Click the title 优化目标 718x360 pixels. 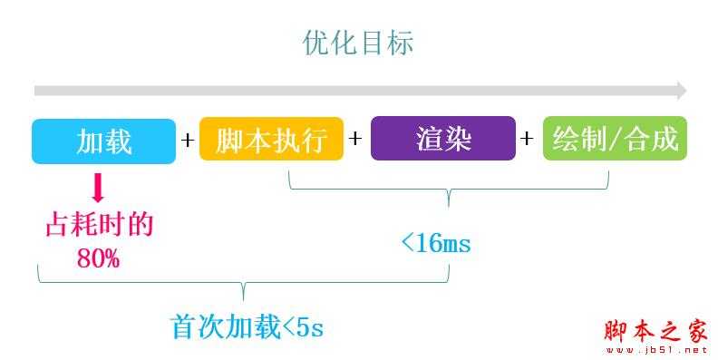[358, 43]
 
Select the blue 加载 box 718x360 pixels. [103, 141]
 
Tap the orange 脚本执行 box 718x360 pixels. [271, 141]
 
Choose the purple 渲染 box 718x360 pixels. [443, 141]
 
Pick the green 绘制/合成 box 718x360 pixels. [615, 141]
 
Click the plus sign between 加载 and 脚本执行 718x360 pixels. [188, 141]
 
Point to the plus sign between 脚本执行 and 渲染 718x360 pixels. [355, 141]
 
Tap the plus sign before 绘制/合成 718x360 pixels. [528, 141]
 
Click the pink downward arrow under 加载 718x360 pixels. [99, 189]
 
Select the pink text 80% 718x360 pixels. [98, 258]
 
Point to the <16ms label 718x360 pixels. [435, 243]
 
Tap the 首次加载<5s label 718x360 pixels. [247, 326]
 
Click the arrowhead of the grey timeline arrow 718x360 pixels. [681, 91]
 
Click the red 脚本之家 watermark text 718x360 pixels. [655, 332]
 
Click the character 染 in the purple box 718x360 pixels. [460, 141]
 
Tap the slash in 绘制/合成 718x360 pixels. [615, 141]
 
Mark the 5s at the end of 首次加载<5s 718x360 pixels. [310, 327]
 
